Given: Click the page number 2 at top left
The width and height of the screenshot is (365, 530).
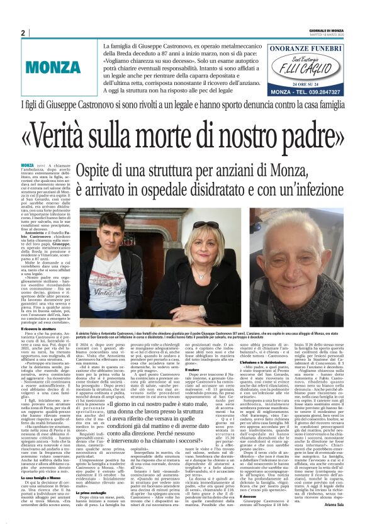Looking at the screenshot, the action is coord(23,33).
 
